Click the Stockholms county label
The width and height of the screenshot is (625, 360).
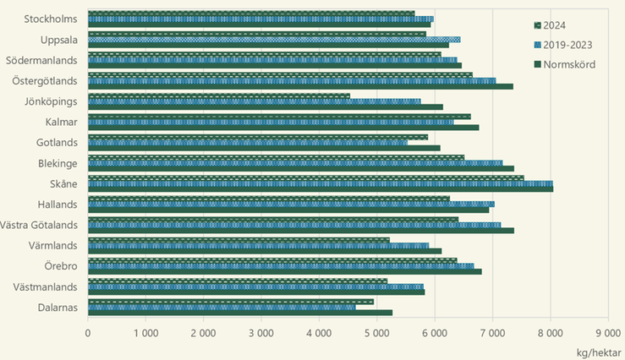(x=52, y=19)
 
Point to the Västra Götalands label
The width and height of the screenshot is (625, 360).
(x=40, y=225)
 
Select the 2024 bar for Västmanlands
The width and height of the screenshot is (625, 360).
(x=237, y=281)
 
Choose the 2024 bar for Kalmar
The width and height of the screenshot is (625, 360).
(x=278, y=117)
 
